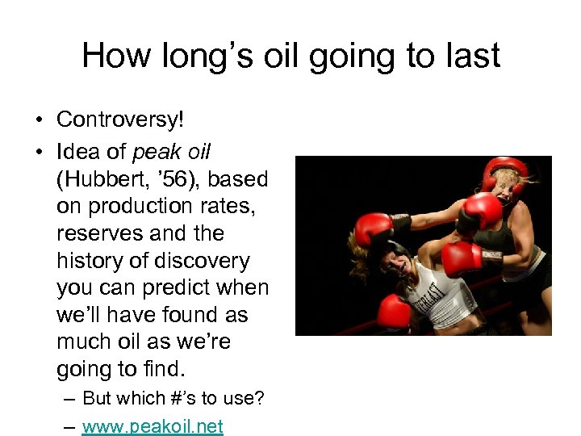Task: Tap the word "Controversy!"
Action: pyautogui.click(x=120, y=120)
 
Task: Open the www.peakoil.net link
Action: pyautogui.click(x=153, y=426)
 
